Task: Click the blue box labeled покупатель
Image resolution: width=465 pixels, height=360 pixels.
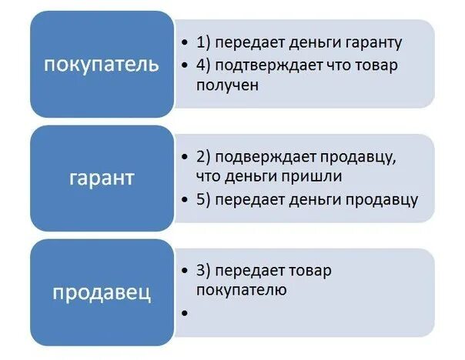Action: click(x=102, y=64)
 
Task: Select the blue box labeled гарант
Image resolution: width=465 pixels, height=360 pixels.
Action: click(x=102, y=178)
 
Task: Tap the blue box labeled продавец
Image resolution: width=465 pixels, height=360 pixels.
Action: click(x=102, y=292)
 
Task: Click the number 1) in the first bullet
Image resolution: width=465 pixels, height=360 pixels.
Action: click(x=203, y=43)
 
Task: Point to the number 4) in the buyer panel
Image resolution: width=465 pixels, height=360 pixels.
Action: click(x=203, y=65)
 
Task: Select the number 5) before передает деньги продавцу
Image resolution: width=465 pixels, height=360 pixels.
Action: click(x=203, y=199)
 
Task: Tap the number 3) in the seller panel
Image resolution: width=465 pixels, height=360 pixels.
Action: click(x=203, y=271)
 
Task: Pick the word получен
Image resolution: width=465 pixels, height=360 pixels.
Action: click(x=227, y=85)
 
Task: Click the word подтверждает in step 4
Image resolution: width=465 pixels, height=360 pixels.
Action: click(x=263, y=65)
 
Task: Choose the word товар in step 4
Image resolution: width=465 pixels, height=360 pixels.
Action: click(x=375, y=65)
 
